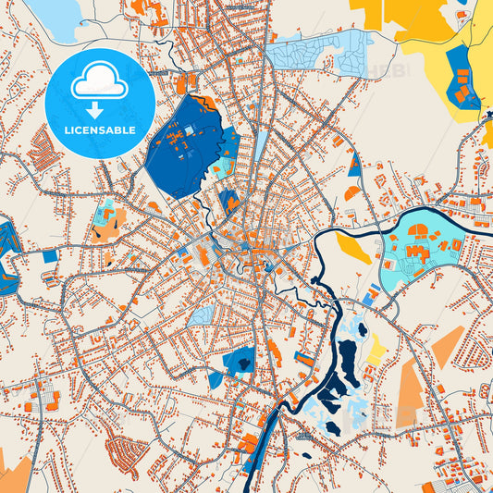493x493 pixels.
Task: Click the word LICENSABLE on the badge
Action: point(99,130)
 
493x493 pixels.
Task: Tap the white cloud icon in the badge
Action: point(99,82)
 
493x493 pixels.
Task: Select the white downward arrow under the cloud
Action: point(99,110)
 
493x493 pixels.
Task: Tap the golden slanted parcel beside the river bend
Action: point(353,248)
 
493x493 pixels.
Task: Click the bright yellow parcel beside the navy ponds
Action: point(376,351)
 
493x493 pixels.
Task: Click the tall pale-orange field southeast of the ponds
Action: point(410,393)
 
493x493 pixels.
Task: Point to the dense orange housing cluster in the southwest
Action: point(126,452)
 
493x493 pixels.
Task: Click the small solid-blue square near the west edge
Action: point(50,255)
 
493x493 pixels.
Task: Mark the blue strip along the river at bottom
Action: point(255,458)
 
